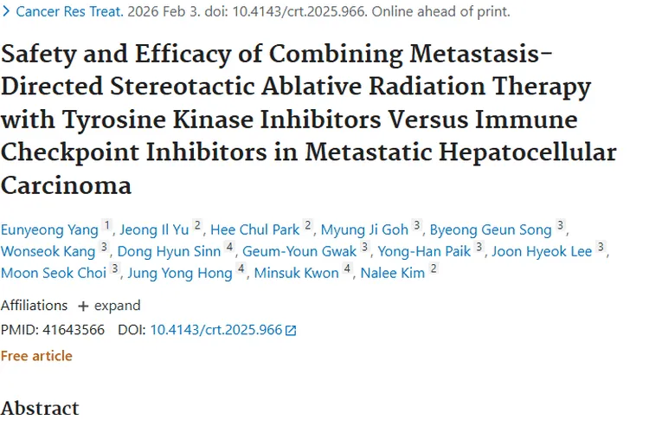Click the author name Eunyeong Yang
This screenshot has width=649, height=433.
point(49,229)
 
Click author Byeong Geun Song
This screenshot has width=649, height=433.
point(491,229)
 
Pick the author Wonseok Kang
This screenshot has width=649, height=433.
point(48,251)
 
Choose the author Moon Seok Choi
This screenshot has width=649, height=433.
point(54,273)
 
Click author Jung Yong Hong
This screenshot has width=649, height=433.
point(179,273)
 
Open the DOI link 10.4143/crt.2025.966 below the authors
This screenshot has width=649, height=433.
point(216,330)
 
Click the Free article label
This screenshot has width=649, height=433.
point(36,356)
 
